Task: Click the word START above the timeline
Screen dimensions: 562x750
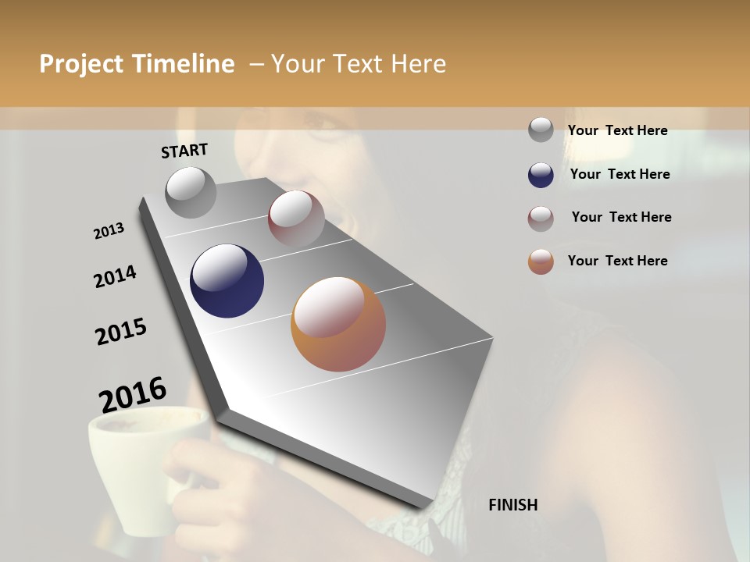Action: pyautogui.click(x=184, y=150)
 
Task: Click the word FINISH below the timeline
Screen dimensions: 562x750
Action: pyautogui.click(x=512, y=505)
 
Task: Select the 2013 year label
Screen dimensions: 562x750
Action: pyautogui.click(x=109, y=231)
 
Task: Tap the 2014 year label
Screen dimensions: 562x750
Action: pyautogui.click(x=115, y=277)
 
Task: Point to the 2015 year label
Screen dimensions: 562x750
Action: pyautogui.click(x=121, y=332)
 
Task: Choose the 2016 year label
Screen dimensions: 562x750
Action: pyautogui.click(x=133, y=394)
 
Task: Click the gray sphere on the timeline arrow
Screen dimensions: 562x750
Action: pyautogui.click(x=191, y=192)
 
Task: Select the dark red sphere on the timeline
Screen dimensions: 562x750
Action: pyautogui.click(x=296, y=218)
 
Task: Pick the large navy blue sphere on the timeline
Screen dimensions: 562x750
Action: pyautogui.click(x=227, y=281)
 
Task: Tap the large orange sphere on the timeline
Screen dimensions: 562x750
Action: pyautogui.click(x=338, y=324)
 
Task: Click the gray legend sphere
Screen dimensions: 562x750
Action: pyautogui.click(x=541, y=130)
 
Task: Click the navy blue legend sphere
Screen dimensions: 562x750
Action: pyautogui.click(x=541, y=175)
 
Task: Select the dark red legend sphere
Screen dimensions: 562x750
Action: pyautogui.click(x=541, y=219)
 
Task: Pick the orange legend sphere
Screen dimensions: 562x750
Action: pyautogui.click(x=541, y=261)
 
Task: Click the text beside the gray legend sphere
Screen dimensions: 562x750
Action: pyautogui.click(x=617, y=130)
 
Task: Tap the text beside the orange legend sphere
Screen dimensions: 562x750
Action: pyautogui.click(x=617, y=261)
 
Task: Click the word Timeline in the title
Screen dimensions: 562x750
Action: pyautogui.click(x=182, y=64)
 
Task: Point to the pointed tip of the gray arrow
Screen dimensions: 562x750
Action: pyautogui.click(x=426, y=507)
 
